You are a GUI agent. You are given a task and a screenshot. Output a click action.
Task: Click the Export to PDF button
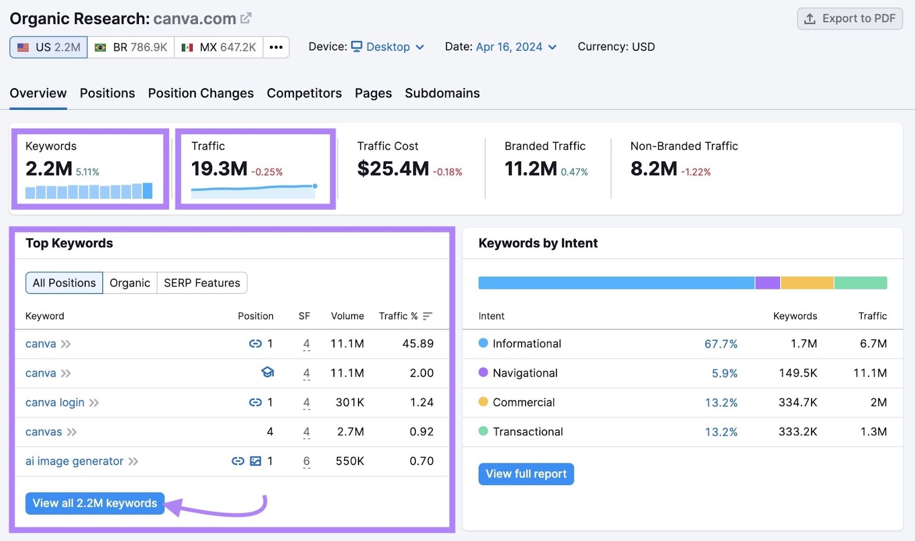[x=850, y=19]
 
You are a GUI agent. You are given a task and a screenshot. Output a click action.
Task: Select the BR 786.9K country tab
[x=131, y=47]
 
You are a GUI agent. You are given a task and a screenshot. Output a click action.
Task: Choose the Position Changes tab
[x=201, y=93]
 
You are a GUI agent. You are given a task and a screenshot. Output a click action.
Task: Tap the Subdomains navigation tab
[x=442, y=93]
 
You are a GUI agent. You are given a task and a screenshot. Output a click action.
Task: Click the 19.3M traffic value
[x=219, y=169]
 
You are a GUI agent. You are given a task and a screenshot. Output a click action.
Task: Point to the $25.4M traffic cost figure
[x=393, y=169]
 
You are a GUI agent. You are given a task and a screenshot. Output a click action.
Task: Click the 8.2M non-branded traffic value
[x=654, y=169]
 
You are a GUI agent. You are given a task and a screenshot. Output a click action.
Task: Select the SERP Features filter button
[x=202, y=283]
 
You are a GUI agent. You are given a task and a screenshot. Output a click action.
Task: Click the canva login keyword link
[x=55, y=403]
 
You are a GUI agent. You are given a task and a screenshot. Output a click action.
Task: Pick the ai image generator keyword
[x=74, y=462]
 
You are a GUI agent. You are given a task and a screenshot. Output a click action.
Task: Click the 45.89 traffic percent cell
[x=417, y=344]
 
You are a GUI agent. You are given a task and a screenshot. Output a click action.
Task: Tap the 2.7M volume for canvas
[x=350, y=432]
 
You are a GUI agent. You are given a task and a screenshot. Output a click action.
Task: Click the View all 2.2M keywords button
[x=95, y=503]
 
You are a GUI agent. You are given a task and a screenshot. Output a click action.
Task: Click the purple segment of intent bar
[x=767, y=283]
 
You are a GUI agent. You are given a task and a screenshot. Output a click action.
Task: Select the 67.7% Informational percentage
[x=721, y=344]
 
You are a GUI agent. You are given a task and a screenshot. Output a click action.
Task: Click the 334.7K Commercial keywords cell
[x=797, y=403]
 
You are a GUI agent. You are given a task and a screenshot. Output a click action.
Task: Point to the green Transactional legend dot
[x=483, y=431]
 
